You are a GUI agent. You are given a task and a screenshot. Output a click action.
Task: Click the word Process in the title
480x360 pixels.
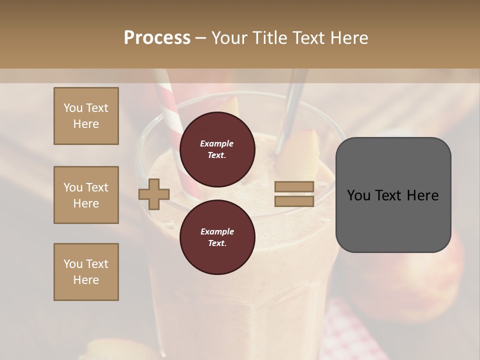157,37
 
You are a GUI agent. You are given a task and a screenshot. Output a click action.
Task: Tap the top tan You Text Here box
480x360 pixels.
86,116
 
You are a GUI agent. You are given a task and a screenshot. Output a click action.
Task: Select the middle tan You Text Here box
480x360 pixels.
86,195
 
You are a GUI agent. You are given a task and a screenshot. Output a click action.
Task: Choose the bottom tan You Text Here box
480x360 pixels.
86,271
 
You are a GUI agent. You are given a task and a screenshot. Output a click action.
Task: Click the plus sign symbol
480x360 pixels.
154,194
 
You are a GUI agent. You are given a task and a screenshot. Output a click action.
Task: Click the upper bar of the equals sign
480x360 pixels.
294,186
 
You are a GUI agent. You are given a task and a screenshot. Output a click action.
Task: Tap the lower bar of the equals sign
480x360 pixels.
294,201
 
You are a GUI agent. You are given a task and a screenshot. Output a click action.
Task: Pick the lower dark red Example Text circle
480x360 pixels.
217,237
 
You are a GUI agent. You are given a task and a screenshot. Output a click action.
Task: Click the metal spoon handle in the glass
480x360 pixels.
293,100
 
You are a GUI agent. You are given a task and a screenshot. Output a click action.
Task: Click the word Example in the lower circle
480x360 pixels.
217,231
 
